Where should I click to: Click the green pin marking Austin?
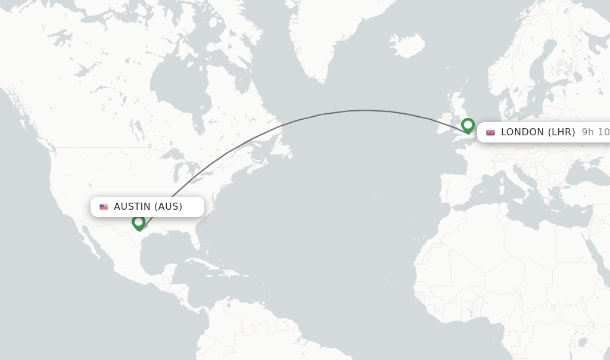[139, 222]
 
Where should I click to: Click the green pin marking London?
[468, 126]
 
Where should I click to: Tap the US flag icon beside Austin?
[104, 207]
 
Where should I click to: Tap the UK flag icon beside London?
[490, 132]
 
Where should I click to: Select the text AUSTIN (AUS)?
[148, 207]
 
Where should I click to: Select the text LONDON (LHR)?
[537, 132]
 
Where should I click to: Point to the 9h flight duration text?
[595, 132]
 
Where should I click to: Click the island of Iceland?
[407, 45]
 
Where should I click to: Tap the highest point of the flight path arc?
[366, 110]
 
